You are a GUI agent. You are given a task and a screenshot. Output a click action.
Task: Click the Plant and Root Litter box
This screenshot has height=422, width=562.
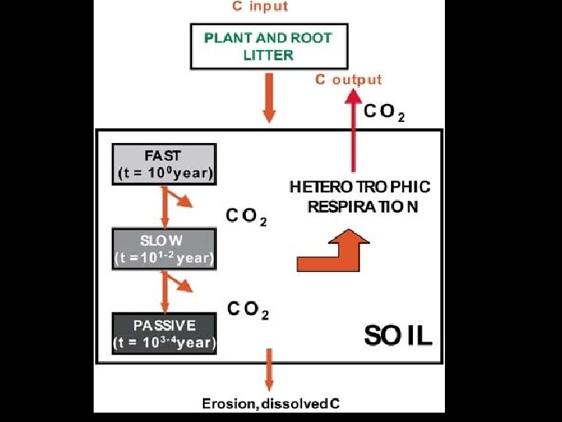tap(268, 46)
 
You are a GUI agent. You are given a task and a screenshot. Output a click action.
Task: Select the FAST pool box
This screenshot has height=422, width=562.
tap(164, 164)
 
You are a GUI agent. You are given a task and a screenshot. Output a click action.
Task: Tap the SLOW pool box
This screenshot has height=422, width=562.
tap(164, 248)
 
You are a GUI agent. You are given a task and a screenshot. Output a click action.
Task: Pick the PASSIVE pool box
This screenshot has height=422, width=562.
tap(164, 333)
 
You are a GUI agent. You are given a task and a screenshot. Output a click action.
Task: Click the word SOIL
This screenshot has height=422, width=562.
tap(399, 336)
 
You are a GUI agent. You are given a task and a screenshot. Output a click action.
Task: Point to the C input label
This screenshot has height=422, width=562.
tap(259, 7)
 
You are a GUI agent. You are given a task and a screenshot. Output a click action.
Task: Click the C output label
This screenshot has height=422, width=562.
tap(348, 79)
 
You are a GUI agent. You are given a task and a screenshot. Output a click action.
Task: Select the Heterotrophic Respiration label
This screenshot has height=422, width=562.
tap(360, 197)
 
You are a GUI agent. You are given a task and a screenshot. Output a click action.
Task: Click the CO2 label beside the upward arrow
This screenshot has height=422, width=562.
tap(384, 112)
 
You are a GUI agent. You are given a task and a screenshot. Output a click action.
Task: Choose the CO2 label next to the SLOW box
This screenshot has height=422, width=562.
tap(247, 216)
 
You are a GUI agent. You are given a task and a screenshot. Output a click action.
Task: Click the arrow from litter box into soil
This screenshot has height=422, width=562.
tap(269, 97)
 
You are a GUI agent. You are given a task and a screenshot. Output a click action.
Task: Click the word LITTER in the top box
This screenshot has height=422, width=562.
tap(268, 55)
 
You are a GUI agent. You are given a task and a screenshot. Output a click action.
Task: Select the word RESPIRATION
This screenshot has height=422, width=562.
tap(363, 207)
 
